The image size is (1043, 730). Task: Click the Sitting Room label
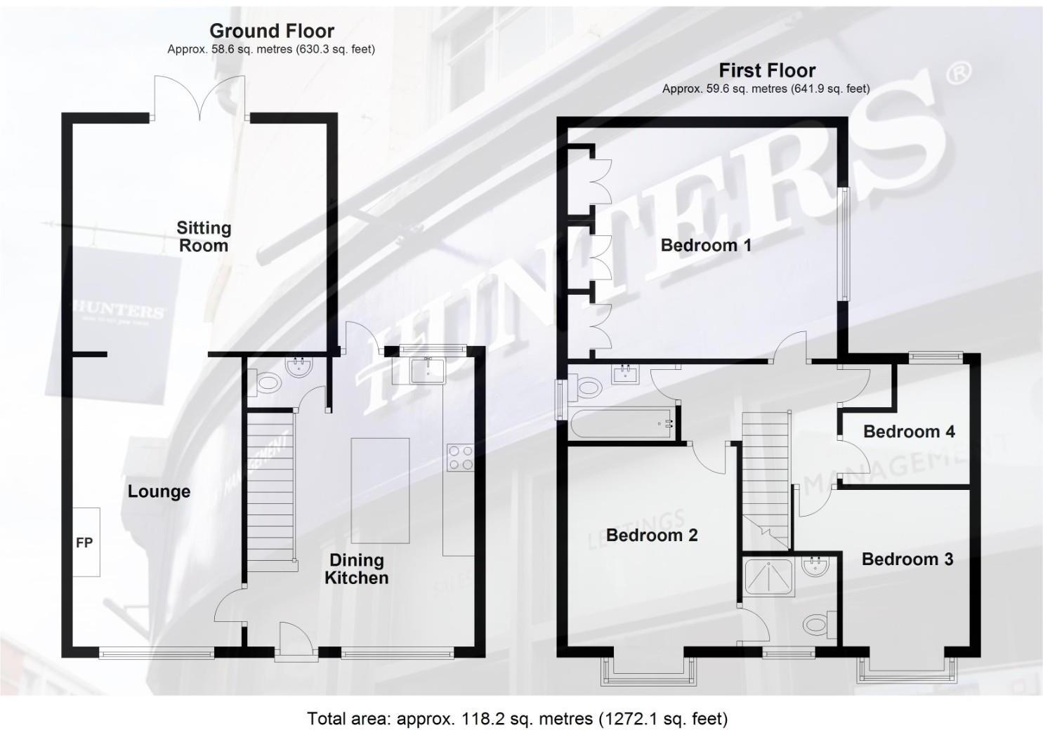click(203, 237)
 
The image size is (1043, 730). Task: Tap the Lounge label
click(159, 491)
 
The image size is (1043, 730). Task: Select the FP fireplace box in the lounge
click(84, 542)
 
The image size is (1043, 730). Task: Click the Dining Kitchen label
click(356, 569)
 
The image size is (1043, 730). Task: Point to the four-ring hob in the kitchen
click(460, 458)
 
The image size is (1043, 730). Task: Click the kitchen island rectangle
click(380, 490)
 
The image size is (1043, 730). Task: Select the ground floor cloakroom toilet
click(268, 384)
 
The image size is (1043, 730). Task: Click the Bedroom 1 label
click(706, 245)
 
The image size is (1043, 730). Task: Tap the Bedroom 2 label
click(652, 536)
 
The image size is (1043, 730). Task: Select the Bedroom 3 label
click(907, 559)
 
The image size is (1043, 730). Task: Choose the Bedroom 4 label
click(909, 432)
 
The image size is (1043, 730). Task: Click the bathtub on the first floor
click(622, 423)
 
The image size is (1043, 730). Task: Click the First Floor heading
click(766, 70)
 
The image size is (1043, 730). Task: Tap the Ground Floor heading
click(272, 31)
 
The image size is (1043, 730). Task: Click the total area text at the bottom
click(517, 719)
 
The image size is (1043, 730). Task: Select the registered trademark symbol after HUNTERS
click(959, 72)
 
